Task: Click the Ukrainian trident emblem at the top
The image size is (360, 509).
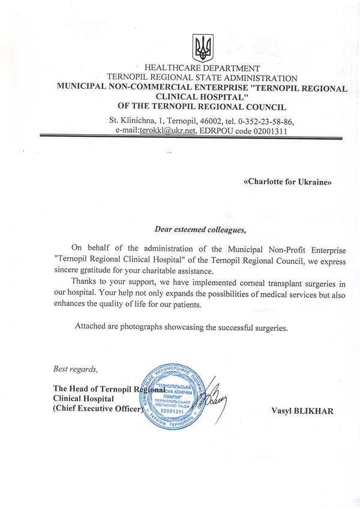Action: tap(202, 46)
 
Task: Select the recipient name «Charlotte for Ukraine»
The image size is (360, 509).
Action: tap(287, 181)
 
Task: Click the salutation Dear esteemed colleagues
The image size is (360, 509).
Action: tap(200, 229)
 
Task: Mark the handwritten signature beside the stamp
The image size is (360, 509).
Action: tap(212, 396)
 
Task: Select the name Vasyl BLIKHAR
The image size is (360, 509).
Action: tap(301, 411)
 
